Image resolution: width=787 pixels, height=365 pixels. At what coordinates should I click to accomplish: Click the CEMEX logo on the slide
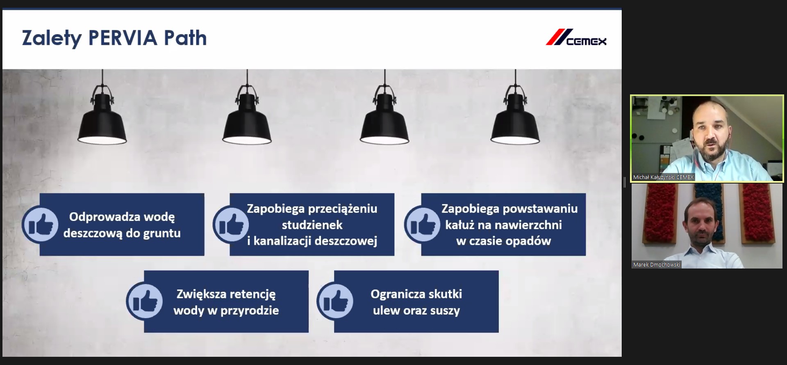(576, 37)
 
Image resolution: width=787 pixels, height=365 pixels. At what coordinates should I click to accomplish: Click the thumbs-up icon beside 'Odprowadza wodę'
(40, 225)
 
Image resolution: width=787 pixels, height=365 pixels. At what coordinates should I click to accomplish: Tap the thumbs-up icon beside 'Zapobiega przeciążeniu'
(231, 225)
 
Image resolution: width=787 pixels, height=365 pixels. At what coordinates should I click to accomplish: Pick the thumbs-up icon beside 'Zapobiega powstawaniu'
(422, 225)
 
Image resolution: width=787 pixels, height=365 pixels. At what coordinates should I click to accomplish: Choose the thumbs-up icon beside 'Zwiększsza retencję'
(144, 302)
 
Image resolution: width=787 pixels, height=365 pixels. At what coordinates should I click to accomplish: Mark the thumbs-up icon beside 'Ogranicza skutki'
(335, 302)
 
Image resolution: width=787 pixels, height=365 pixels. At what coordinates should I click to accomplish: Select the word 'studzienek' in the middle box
(312, 225)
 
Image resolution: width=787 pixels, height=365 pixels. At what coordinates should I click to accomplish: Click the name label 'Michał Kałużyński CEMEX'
(663, 177)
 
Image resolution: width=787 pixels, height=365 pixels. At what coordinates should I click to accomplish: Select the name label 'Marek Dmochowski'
(656, 265)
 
